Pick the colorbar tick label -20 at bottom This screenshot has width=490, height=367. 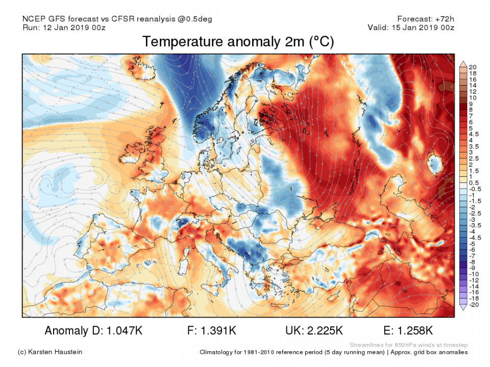click(x=473, y=305)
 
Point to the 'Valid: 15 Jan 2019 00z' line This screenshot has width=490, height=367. click(x=411, y=28)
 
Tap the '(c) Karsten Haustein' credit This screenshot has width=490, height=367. click(x=50, y=352)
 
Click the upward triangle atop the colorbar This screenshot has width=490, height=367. click(x=463, y=64)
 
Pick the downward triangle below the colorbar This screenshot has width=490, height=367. click(x=463, y=307)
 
